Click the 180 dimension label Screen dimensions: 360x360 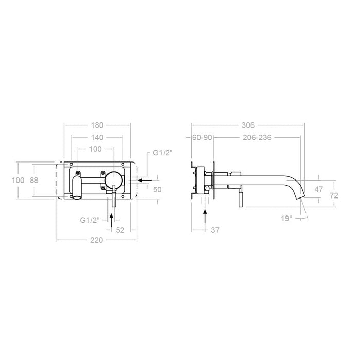click(97, 125)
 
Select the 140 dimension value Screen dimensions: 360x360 click(97, 137)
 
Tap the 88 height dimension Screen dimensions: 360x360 click(34, 180)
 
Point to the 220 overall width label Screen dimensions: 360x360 click(97, 240)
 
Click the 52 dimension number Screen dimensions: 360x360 click(120, 230)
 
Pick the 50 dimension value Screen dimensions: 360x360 click(157, 190)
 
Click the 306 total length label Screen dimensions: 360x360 click(249, 125)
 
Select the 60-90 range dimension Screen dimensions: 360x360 click(202, 138)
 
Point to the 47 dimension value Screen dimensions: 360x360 click(319, 189)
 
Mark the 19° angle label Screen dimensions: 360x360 click(286, 219)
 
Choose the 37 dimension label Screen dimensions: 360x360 click(215, 230)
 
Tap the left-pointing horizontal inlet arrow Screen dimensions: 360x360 click(146, 181)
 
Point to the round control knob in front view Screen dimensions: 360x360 click(114, 181)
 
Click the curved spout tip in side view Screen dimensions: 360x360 click(301, 196)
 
